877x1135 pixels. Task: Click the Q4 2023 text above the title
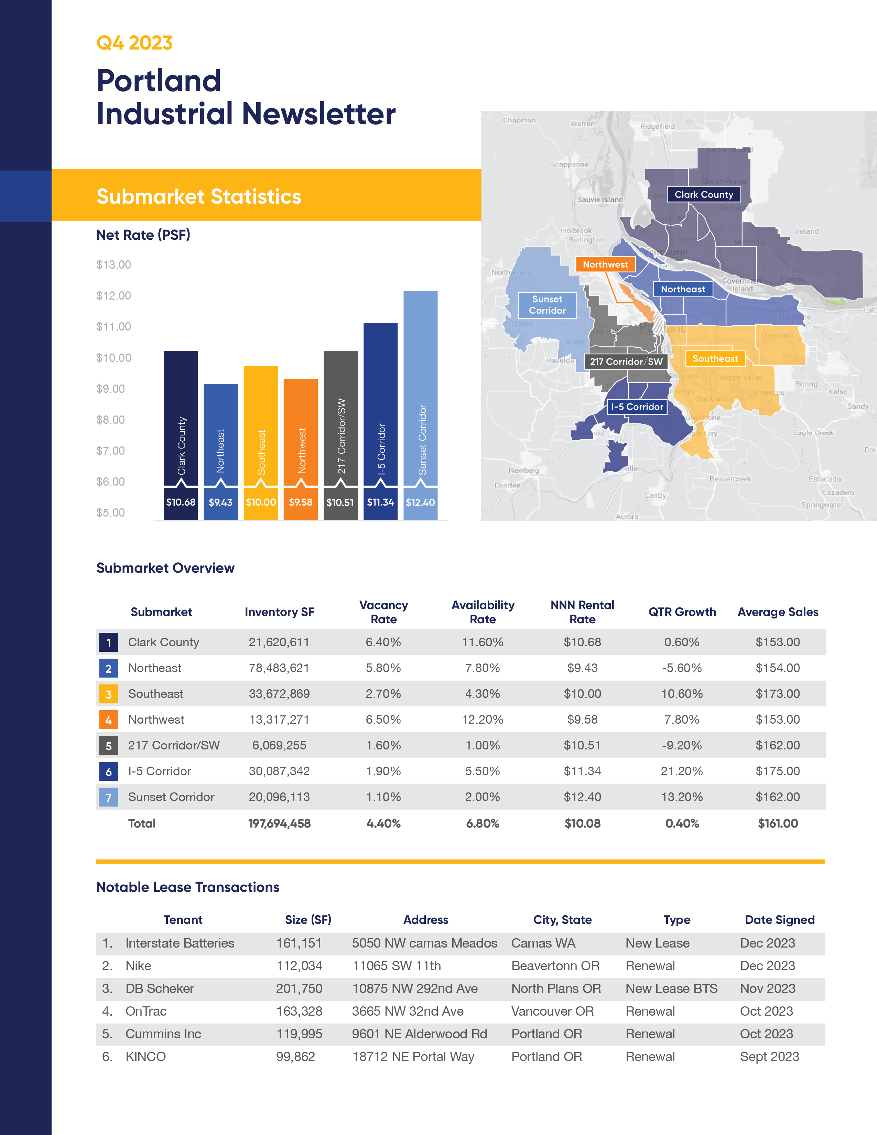click(x=134, y=43)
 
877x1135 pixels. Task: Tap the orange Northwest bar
click(x=300, y=431)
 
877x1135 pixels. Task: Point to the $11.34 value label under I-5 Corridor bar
click(x=380, y=502)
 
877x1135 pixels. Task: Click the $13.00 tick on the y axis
click(x=113, y=264)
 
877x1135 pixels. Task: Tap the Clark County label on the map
click(x=703, y=194)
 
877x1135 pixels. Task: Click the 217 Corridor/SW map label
click(x=626, y=362)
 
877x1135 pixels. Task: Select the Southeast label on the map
click(x=715, y=359)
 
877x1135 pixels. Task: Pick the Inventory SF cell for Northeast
click(x=279, y=668)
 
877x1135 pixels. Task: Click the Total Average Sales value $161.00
click(x=777, y=823)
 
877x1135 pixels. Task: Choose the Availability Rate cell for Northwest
click(x=482, y=720)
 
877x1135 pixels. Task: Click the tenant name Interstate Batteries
click(x=180, y=943)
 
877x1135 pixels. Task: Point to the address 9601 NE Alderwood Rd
click(x=419, y=1034)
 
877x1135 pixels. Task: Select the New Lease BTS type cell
click(x=671, y=988)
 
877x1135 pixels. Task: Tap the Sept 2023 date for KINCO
click(x=769, y=1057)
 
